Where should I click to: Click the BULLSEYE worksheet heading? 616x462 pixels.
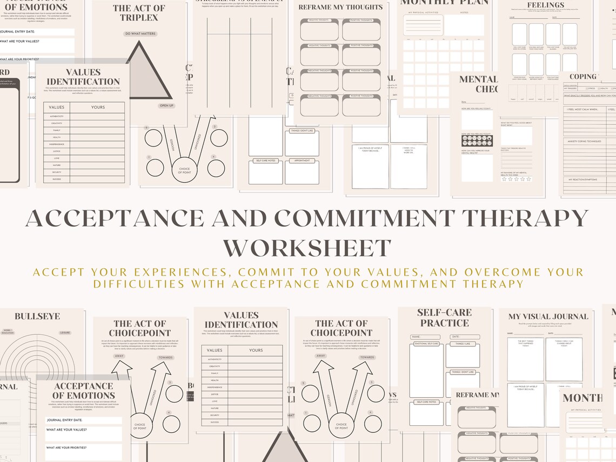[37, 317]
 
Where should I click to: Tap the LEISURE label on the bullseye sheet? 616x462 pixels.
[65, 333]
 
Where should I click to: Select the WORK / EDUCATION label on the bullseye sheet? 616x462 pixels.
[7, 331]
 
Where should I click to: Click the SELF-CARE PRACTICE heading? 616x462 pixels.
[444, 318]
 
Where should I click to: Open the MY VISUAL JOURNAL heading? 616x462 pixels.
[548, 317]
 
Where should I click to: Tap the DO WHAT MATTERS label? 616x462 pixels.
[139, 34]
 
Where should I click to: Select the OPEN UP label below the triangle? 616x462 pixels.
[166, 105]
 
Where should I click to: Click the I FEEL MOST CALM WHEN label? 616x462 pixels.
[582, 109]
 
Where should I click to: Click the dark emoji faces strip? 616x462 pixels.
[477, 140]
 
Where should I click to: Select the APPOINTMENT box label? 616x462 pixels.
[302, 161]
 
